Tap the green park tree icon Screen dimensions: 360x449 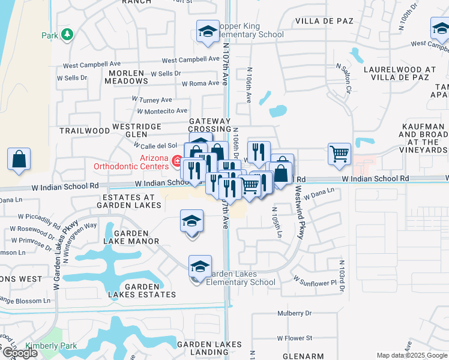click(67, 34)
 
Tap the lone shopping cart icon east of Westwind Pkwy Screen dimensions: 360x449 click(339, 154)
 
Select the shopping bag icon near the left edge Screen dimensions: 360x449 click(19, 160)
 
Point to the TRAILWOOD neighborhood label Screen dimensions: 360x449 click(85, 130)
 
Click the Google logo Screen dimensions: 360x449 click(20, 353)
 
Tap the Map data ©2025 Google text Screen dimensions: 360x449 click(411, 355)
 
